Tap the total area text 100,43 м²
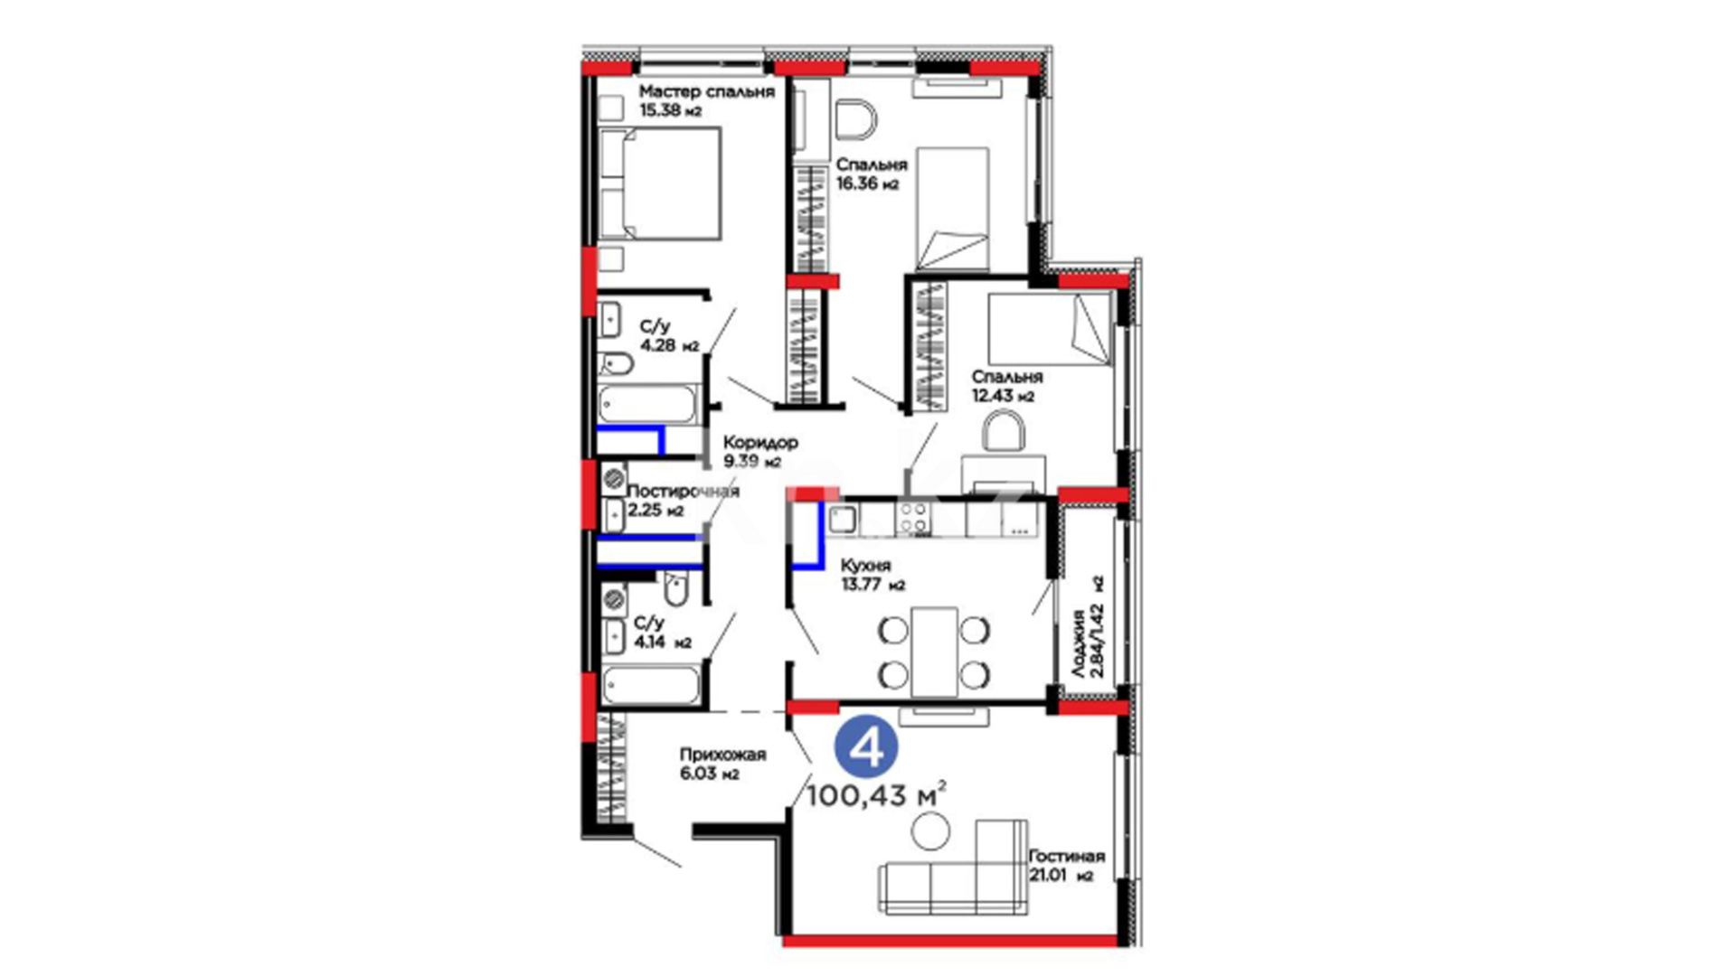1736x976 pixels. pos(876,795)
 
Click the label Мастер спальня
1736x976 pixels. pos(706,92)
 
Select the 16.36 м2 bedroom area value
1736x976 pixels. pos(867,183)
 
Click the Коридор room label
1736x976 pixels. pos(760,443)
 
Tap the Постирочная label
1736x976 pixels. pos(683,491)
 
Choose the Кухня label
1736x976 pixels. pos(865,566)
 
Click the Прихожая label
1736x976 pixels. pos(722,755)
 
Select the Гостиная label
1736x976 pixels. pos(1067,856)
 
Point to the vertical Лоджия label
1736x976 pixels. pos(1079,643)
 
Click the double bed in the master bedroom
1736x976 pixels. pos(659,183)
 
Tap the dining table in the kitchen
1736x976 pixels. pos(934,652)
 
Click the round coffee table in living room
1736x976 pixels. pos(930,831)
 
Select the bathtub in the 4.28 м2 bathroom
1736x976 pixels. pos(648,404)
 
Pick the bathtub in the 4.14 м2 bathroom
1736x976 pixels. pos(650,684)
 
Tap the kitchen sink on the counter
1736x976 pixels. pos(843,518)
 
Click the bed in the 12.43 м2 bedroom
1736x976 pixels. pos(1049,329)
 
